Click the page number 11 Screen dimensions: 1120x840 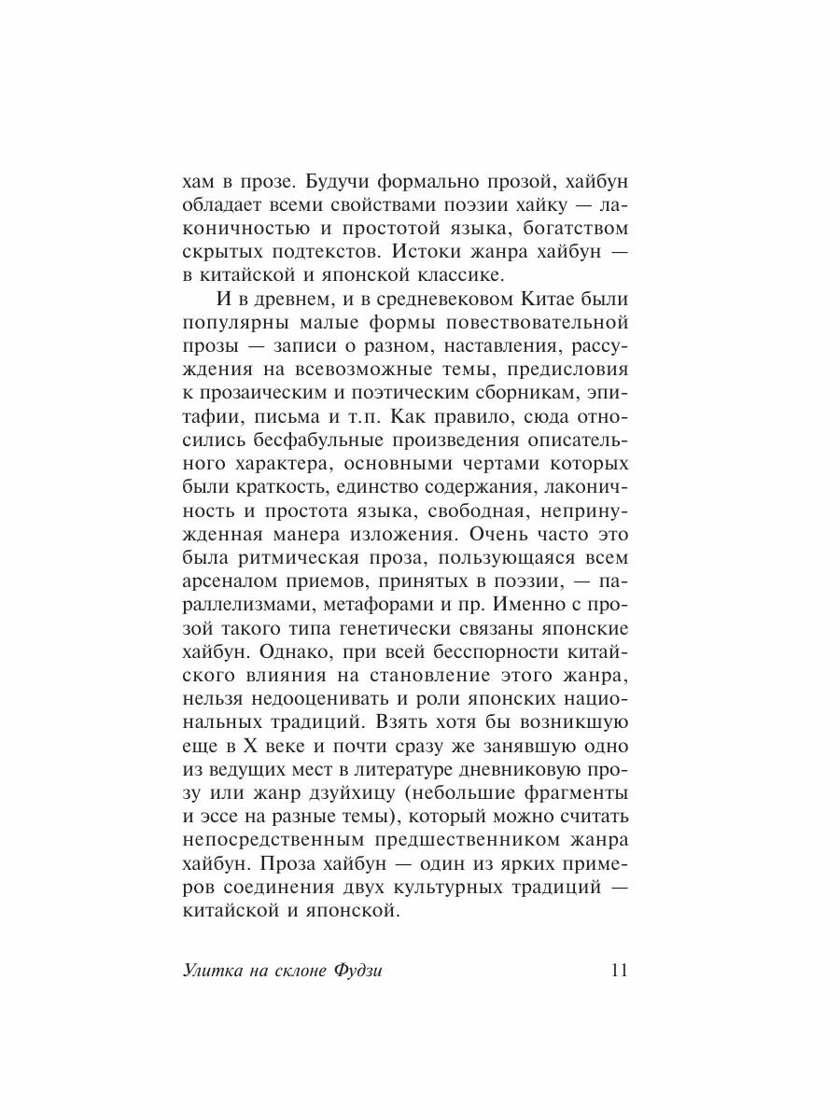(619, 970)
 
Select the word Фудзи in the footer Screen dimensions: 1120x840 (357, 971)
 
